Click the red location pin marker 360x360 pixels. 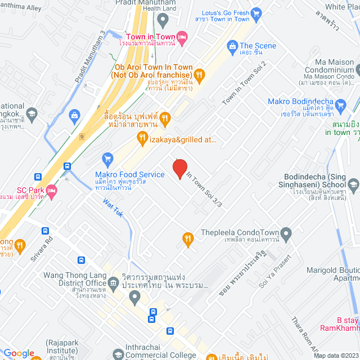(x=179, y=168)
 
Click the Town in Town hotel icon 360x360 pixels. (x=182, y=37)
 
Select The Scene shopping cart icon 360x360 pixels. (x=231, y=46)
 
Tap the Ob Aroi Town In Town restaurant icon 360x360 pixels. (x=199, y=74)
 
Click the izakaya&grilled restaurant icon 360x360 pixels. (x=142, y=136)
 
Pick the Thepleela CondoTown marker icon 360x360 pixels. (x=286, y=232)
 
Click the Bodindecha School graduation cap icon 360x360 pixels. (x=353, y=184)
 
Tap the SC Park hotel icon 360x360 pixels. (x=51, y=191)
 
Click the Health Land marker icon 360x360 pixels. (x=163, y=21)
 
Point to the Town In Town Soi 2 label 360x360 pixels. (x=244, y=83)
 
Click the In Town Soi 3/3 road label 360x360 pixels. (x=204, y=191)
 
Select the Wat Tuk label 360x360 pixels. (x=112, y=210)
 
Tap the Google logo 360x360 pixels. (x=19, y=353)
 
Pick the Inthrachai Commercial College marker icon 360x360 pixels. (x=117, y=354)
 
